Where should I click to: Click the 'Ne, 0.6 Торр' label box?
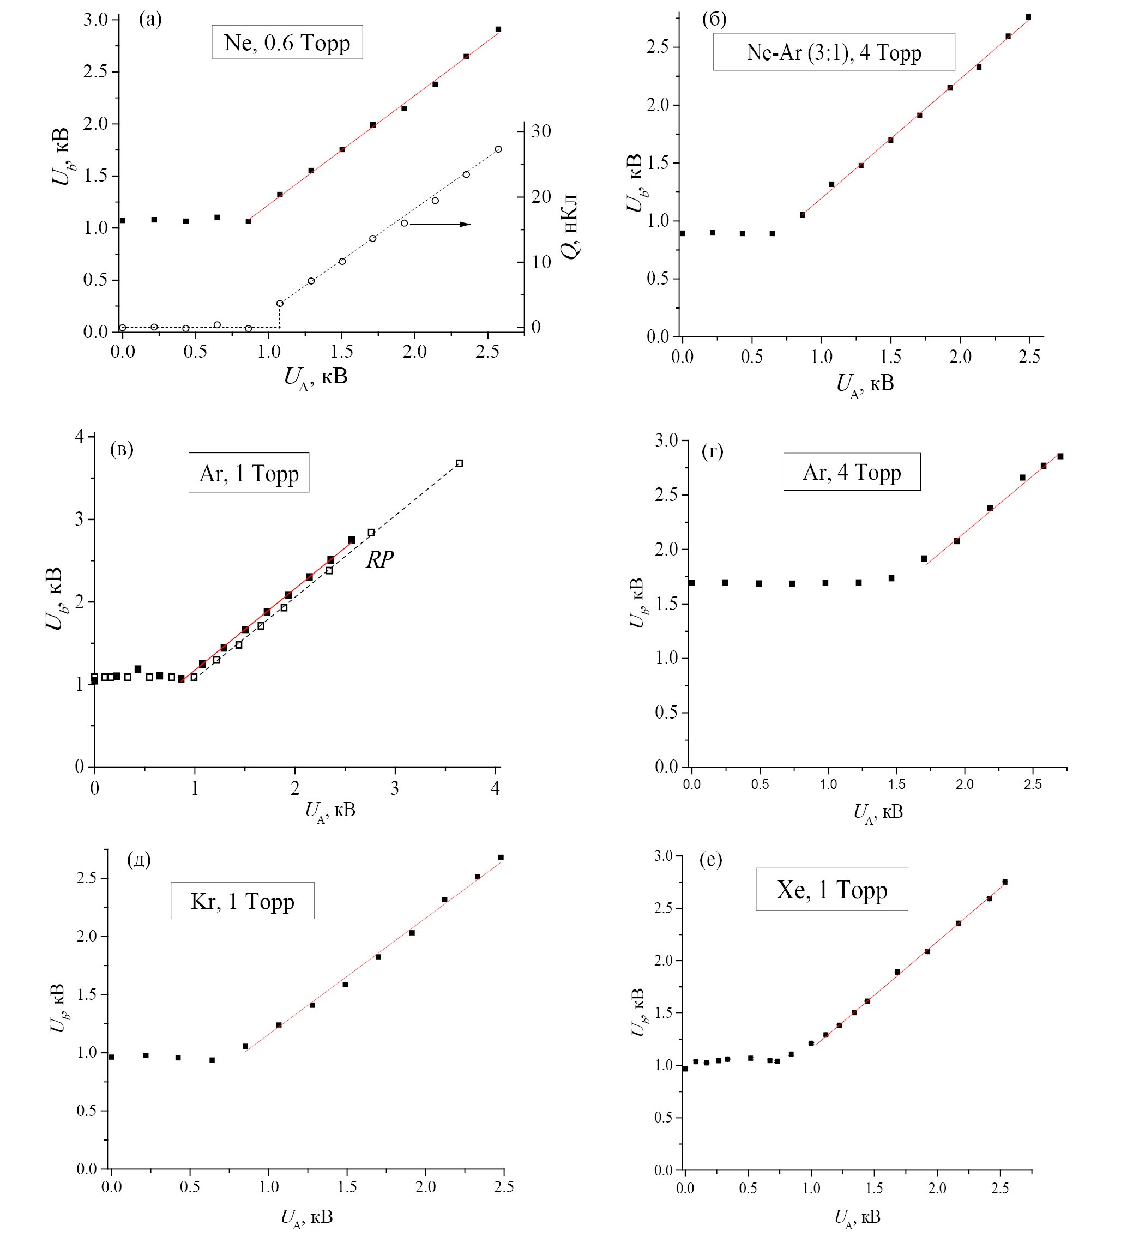tap(287, 42)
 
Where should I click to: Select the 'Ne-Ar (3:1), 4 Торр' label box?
tap(834, 52)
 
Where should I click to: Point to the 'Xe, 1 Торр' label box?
tap(831, 890)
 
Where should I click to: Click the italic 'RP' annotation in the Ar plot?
tap(379, 560)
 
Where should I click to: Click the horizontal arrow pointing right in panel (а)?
tap(440, 224)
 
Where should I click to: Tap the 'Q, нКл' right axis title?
tap(570, 227)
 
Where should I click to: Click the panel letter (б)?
tap(714, 20)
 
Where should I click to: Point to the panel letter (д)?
tap(138, 860)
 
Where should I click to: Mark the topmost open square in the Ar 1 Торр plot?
tap(460, 463)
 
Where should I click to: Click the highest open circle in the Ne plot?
tap(498, 149)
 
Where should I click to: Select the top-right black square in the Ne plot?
tap(498, 29)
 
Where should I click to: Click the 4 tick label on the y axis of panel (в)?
tap(79, 437)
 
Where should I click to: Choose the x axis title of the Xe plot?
tap(857, 1217)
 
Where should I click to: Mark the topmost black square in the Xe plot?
tap(1005, 882)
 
